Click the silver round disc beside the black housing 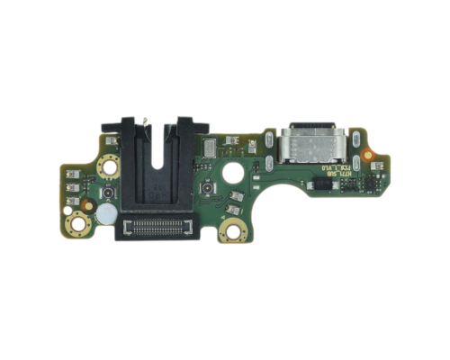(104, 213)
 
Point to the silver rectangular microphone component (210, 145)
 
